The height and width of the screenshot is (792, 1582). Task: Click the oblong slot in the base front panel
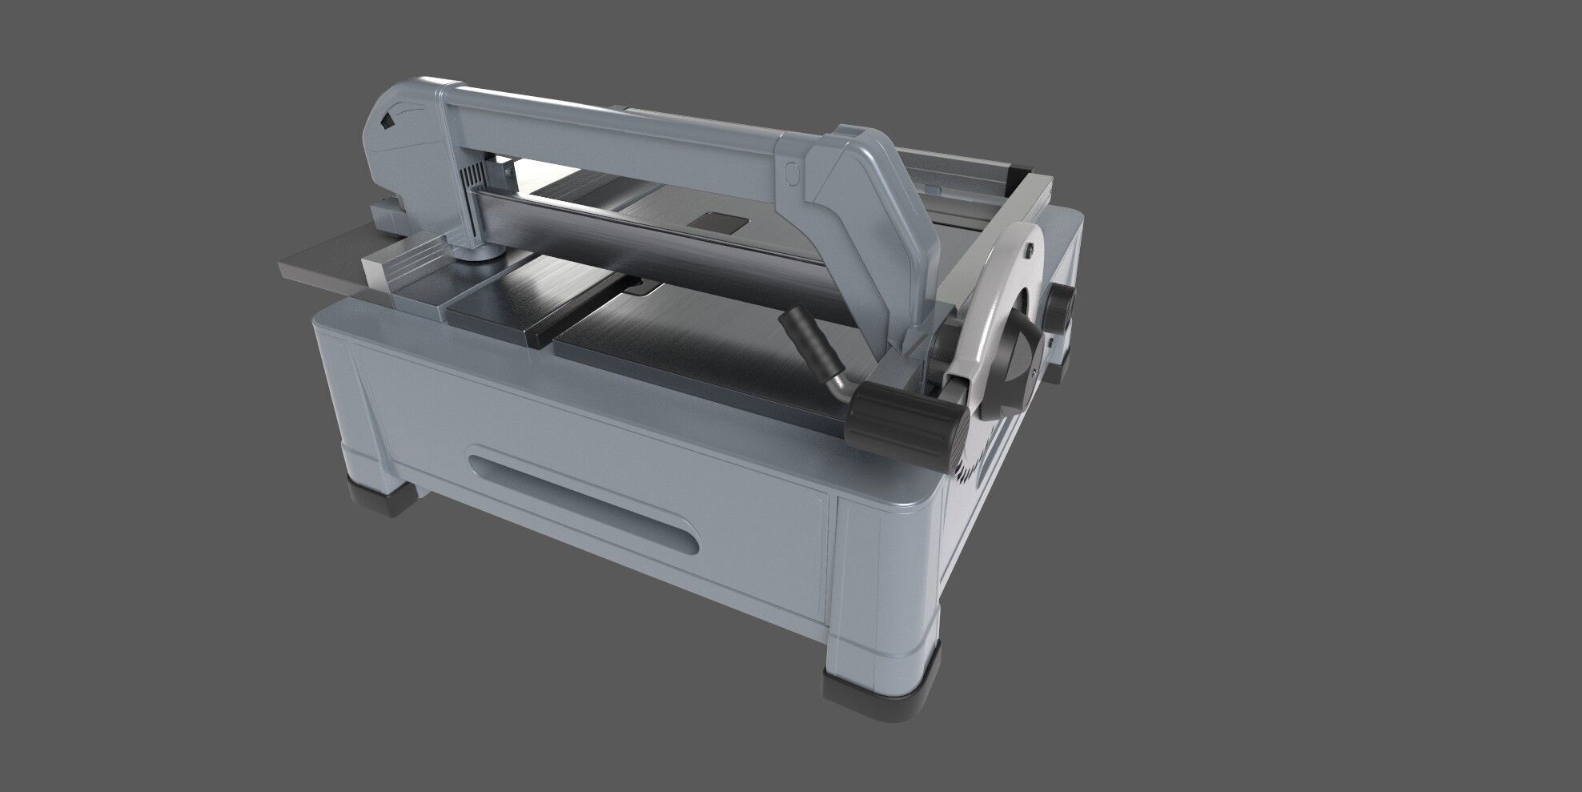584,500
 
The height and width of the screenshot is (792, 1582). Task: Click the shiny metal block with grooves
408,268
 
